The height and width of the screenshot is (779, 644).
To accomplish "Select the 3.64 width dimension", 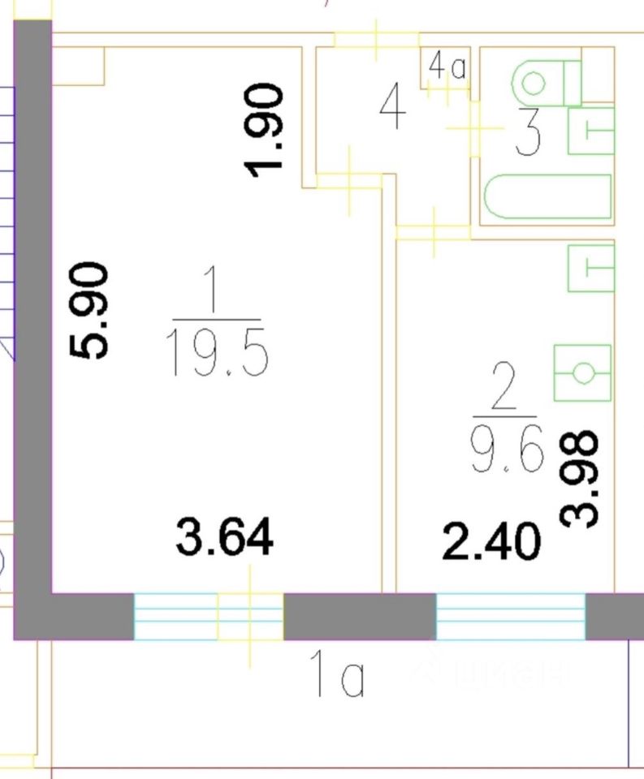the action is [224, 537].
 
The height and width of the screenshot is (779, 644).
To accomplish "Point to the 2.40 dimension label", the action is [491, 541].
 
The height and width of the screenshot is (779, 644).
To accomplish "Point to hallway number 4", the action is [392, 110].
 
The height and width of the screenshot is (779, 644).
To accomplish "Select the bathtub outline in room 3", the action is [547, 197].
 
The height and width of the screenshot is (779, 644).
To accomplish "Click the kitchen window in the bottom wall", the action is [510, 617].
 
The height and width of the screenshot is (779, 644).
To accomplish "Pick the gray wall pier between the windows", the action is [359, 617].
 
